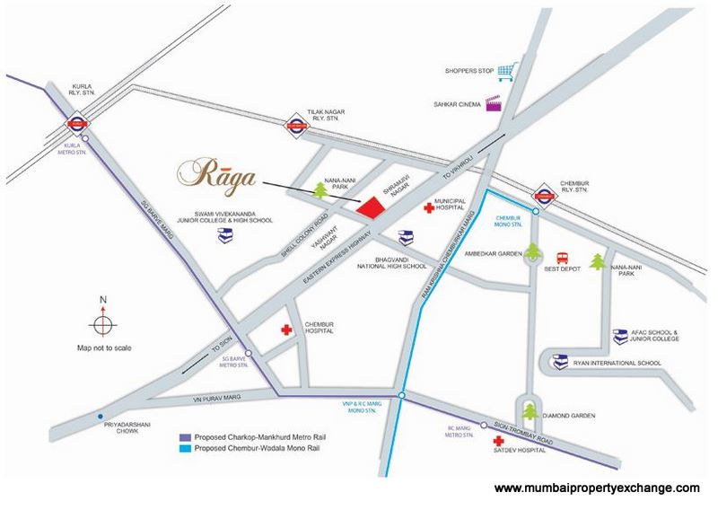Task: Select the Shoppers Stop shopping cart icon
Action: pos(509,70)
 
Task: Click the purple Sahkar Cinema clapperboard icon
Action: pos(493,103)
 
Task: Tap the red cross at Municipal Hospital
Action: pos(428,207)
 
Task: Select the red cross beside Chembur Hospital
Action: pos(287,330)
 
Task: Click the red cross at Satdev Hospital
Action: pos(499,442)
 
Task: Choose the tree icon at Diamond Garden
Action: pos(530,411)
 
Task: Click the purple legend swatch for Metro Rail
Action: pos(185,435)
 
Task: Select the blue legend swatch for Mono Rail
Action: pos(185,448)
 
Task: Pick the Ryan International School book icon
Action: pos(559,364)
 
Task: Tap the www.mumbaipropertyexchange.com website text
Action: pos(597,488)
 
